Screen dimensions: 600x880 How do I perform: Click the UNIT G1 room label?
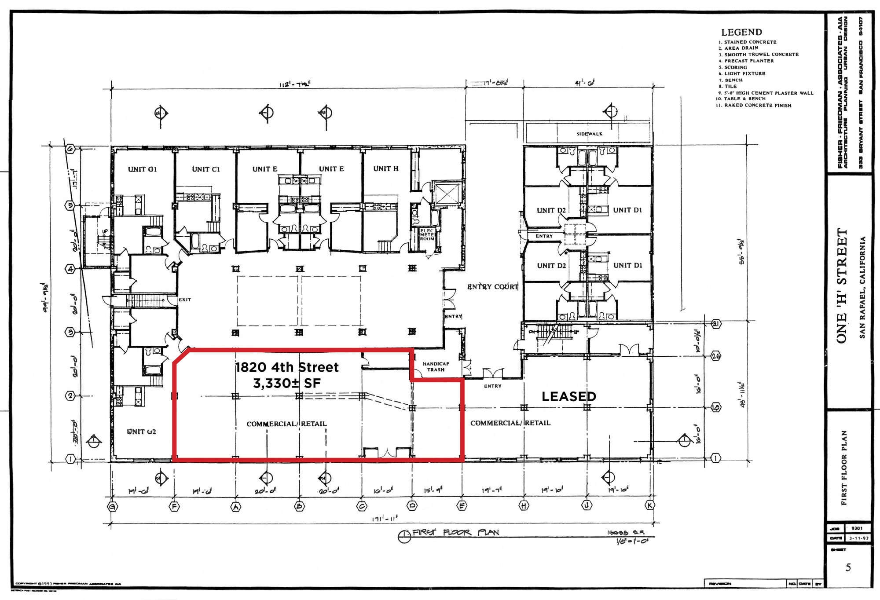click(x=142, y=169)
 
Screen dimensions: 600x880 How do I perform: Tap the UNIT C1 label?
click(x=205, y=169)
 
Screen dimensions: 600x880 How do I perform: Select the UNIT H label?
click(x=385, y=169)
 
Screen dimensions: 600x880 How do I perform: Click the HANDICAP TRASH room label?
click(x=436, y=367)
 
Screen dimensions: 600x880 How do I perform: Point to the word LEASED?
click(x=568, y=397)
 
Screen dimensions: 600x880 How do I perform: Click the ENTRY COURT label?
click(x=492, y=287)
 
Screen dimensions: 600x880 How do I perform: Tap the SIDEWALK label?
click(x=589, y=134)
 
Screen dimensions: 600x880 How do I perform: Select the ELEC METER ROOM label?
click(x=427, y=235)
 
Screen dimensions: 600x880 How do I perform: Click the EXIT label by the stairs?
click(x=185, y=300)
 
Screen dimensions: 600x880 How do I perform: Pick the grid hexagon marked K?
click(x=649, y=505)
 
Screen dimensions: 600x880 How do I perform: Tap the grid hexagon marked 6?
click(x=70, y=149)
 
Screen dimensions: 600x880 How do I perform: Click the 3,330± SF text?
click(x=286, y=384)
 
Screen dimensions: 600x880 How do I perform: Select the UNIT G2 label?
click(x=141, y=432)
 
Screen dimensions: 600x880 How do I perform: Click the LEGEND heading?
click(x=741, y=32)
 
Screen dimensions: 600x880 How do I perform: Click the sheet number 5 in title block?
click(x=848, y=567)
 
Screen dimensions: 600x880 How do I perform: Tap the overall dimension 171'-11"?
click(x=385, y=519)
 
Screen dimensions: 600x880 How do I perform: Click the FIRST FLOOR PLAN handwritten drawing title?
click(x=455, y=533)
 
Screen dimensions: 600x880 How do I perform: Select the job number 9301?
click(x=857, y=528)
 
